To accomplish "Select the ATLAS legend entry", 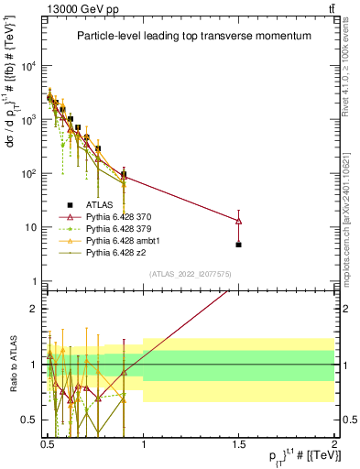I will point(103,204).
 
